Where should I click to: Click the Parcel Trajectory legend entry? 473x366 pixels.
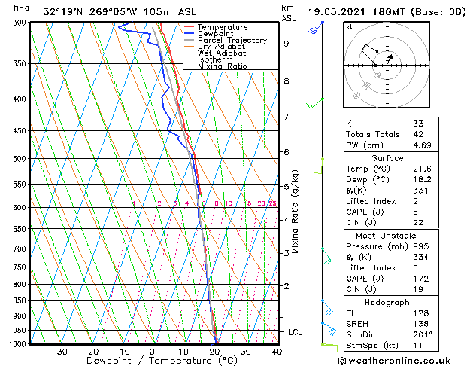232,40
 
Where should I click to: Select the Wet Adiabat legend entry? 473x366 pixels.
222,53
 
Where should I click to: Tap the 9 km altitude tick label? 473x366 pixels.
287,44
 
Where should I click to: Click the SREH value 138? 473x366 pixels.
420,323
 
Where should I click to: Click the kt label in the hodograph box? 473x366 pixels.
350,27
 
